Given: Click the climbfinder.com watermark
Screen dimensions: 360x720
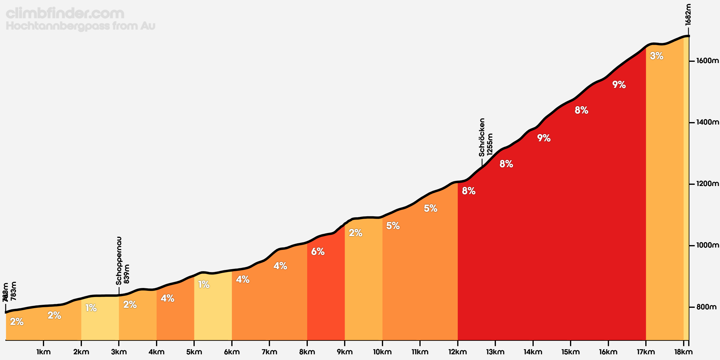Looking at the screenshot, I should [x=65, y=13].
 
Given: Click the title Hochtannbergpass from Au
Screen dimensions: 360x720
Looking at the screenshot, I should [x=80, y=26].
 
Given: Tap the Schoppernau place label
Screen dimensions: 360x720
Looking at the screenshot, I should [x=119, y=260].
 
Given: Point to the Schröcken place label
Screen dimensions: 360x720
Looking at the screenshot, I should [x=482, y=137].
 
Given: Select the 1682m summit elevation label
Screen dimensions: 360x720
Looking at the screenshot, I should [x=688, y=14].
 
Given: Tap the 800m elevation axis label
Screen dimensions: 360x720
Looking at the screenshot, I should [x=706, y=307].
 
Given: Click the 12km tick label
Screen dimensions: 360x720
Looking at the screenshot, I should [x=457, y=352].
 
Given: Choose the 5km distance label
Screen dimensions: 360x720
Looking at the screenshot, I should [x=194, y=352].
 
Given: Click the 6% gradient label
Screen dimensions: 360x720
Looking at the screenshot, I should [x=318, y=251].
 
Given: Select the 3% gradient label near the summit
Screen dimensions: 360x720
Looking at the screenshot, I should [x=656, y=56].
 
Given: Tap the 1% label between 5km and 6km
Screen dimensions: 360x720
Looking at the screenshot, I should [x=204, y=284].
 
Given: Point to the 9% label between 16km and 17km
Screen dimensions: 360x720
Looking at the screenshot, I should [x=619, y=85].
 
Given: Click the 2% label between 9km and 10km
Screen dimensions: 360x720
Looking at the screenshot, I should [x=355, y=233].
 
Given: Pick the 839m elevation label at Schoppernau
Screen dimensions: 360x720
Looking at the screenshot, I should [x=127, y=274].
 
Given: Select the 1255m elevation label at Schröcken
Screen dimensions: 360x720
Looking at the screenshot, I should [x=490, y=144].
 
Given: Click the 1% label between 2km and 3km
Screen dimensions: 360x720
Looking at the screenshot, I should [x=91, y=308].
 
